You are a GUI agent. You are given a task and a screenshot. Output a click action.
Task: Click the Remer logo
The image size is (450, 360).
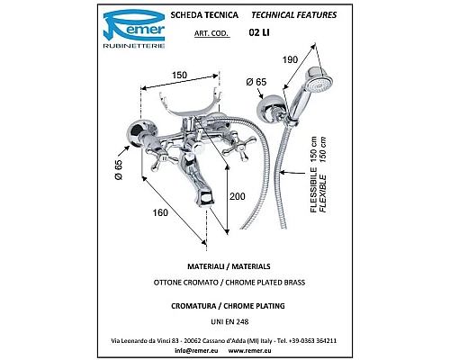[x=134, y=29]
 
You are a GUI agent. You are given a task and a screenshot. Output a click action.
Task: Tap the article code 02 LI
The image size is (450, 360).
[x=259, y=32]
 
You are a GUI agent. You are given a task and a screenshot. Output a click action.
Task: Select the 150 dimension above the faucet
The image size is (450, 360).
[x=179, y=75]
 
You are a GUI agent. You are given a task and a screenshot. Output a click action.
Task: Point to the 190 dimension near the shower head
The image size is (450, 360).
[x=290, y=59]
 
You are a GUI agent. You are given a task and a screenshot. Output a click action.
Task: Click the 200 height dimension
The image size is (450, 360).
[x=238, y=196]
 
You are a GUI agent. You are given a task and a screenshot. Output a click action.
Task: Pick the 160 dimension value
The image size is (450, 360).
[x=160, y=212]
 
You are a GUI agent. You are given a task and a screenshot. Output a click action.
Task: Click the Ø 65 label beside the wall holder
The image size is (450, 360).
[x=256, y=82]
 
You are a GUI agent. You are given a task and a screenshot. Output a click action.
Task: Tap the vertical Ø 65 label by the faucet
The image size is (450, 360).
[x=119, y=170]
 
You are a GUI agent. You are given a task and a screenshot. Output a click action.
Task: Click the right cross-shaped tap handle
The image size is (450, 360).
[x=240, y=146]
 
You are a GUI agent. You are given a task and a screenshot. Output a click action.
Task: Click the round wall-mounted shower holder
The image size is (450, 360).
[x=271, y=109]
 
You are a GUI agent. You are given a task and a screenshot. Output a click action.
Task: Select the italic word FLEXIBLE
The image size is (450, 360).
[x=323, y=193]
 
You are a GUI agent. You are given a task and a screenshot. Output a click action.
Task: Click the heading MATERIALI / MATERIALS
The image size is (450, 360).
[x=229, y=266]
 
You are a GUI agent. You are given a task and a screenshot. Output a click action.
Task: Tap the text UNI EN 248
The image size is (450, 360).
[x=229, y=322]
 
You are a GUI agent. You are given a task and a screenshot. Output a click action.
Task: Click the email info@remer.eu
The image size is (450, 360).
[x=196, y=350]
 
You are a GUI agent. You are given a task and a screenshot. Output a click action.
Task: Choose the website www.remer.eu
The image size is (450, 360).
[x=250, y=350]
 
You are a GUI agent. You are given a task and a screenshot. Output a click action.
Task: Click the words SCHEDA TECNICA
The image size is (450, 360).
[x=204, y=15]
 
